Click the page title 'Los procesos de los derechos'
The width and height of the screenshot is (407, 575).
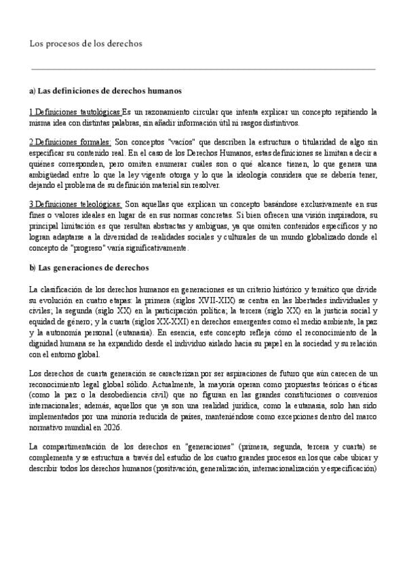85,43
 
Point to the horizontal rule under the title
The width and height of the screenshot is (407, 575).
203,68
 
